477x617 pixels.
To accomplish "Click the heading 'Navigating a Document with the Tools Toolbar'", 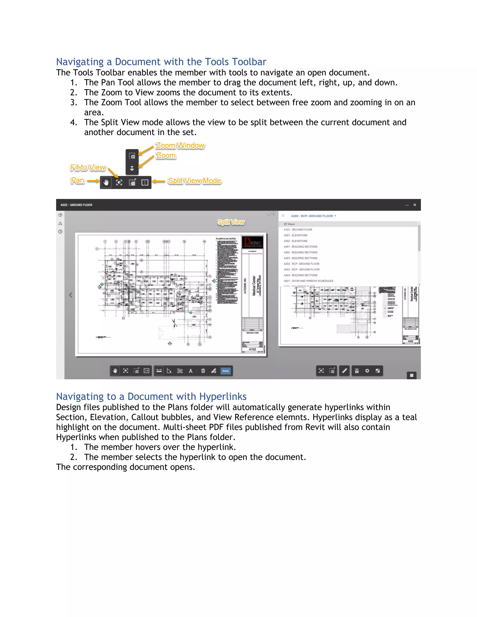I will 161,62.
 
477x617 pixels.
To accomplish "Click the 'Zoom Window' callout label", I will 180,146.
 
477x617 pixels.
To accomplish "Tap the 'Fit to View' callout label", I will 88,168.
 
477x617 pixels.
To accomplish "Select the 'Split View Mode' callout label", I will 194,181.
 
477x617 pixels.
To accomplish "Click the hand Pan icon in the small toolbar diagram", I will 106,183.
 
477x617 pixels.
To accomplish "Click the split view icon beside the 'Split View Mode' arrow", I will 145,183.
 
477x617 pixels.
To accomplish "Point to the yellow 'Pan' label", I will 77,180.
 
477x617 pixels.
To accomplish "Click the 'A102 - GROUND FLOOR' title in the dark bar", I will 76,205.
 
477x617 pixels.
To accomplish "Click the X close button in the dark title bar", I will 415,205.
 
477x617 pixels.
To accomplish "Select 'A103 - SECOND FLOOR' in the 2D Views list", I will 298,230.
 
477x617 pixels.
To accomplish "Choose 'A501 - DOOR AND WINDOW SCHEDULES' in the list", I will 308,281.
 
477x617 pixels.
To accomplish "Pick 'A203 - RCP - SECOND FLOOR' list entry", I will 302,270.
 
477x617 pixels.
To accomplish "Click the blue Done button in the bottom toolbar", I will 225,371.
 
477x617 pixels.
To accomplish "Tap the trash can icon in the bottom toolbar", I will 203,371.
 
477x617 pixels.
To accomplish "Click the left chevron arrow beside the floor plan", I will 71,295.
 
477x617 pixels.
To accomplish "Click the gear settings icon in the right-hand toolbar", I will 367,371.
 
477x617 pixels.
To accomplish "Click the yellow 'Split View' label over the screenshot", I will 231,222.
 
